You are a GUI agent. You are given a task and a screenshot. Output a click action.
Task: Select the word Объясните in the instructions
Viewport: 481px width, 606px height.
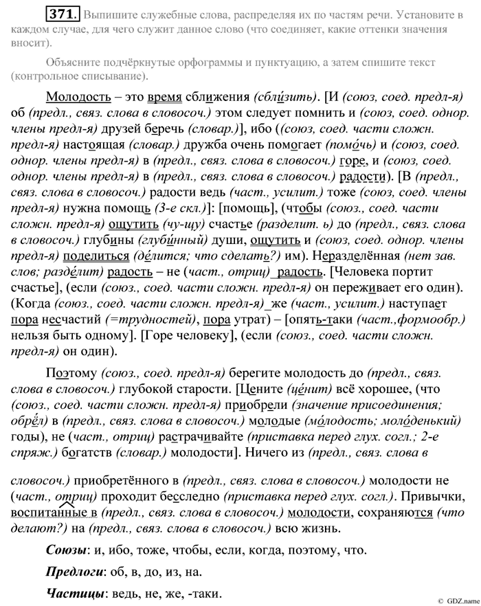point(76,63)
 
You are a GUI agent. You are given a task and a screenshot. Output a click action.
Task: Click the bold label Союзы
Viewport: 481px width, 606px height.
point(67,550)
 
